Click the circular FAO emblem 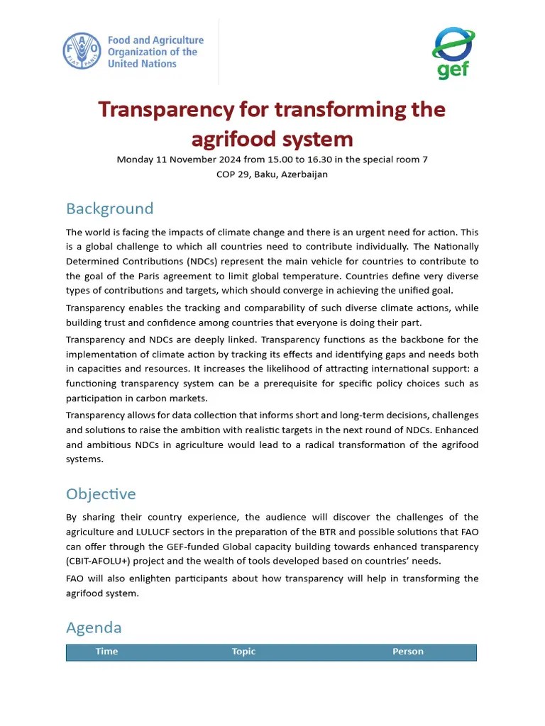[x=82, y=52]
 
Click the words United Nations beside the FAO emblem [x=142, y=64]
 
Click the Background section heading [x=109, y=208]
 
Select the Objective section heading [x=101, y=493]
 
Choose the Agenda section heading [x=94, y=627]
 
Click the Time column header [x=106, y=652]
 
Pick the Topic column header [x=243, y=652]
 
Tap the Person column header [x=407, y=652]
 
